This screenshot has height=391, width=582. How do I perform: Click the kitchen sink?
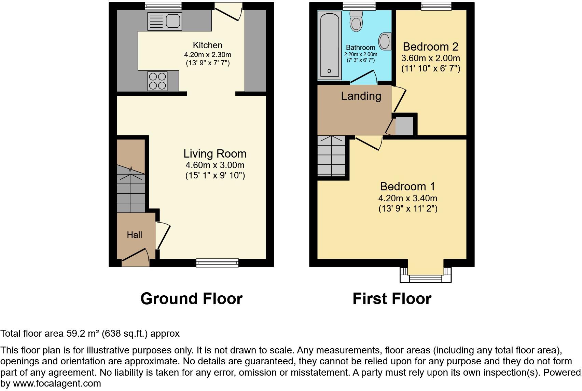click(164, 21)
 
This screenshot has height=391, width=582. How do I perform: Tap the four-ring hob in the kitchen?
click(157, 81)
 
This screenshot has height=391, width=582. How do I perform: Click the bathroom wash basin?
click(385, 41)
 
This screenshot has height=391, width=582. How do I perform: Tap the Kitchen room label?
click(207, 45)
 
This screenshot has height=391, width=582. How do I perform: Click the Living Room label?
click(215, 154)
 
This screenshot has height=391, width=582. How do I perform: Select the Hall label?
click(134, 235)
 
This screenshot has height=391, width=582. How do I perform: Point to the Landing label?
click(361, 96)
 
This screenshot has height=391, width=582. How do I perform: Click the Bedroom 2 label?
click(430, 47)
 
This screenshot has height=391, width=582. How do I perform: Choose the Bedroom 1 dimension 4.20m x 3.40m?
click(408, 198)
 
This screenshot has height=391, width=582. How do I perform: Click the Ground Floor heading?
click(191, 299)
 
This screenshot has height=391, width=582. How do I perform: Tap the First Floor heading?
click(392, 299)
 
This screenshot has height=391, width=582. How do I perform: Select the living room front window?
click(217, 262)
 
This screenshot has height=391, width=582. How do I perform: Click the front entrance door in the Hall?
click(136, 257)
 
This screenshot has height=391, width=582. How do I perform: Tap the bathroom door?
click(363, 78)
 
